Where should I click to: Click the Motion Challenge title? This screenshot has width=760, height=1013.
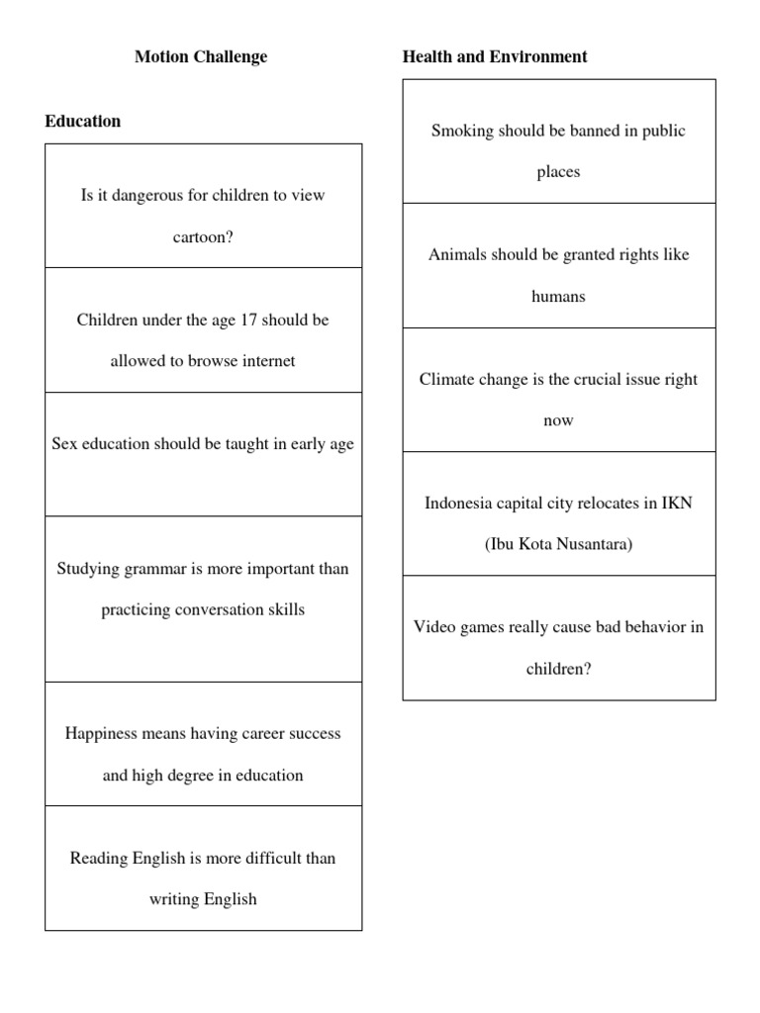[201, 56]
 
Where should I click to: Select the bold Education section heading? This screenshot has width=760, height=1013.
[83, 121]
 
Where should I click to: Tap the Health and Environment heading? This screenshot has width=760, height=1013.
[494, 56]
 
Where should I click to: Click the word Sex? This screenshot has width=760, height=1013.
[65, 444]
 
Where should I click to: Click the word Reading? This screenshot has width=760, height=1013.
[99, 858]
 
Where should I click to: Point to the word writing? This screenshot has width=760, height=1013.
[174, 899]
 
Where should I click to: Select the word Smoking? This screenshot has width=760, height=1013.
[461, 131]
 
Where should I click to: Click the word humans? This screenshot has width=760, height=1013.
[558, 296]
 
